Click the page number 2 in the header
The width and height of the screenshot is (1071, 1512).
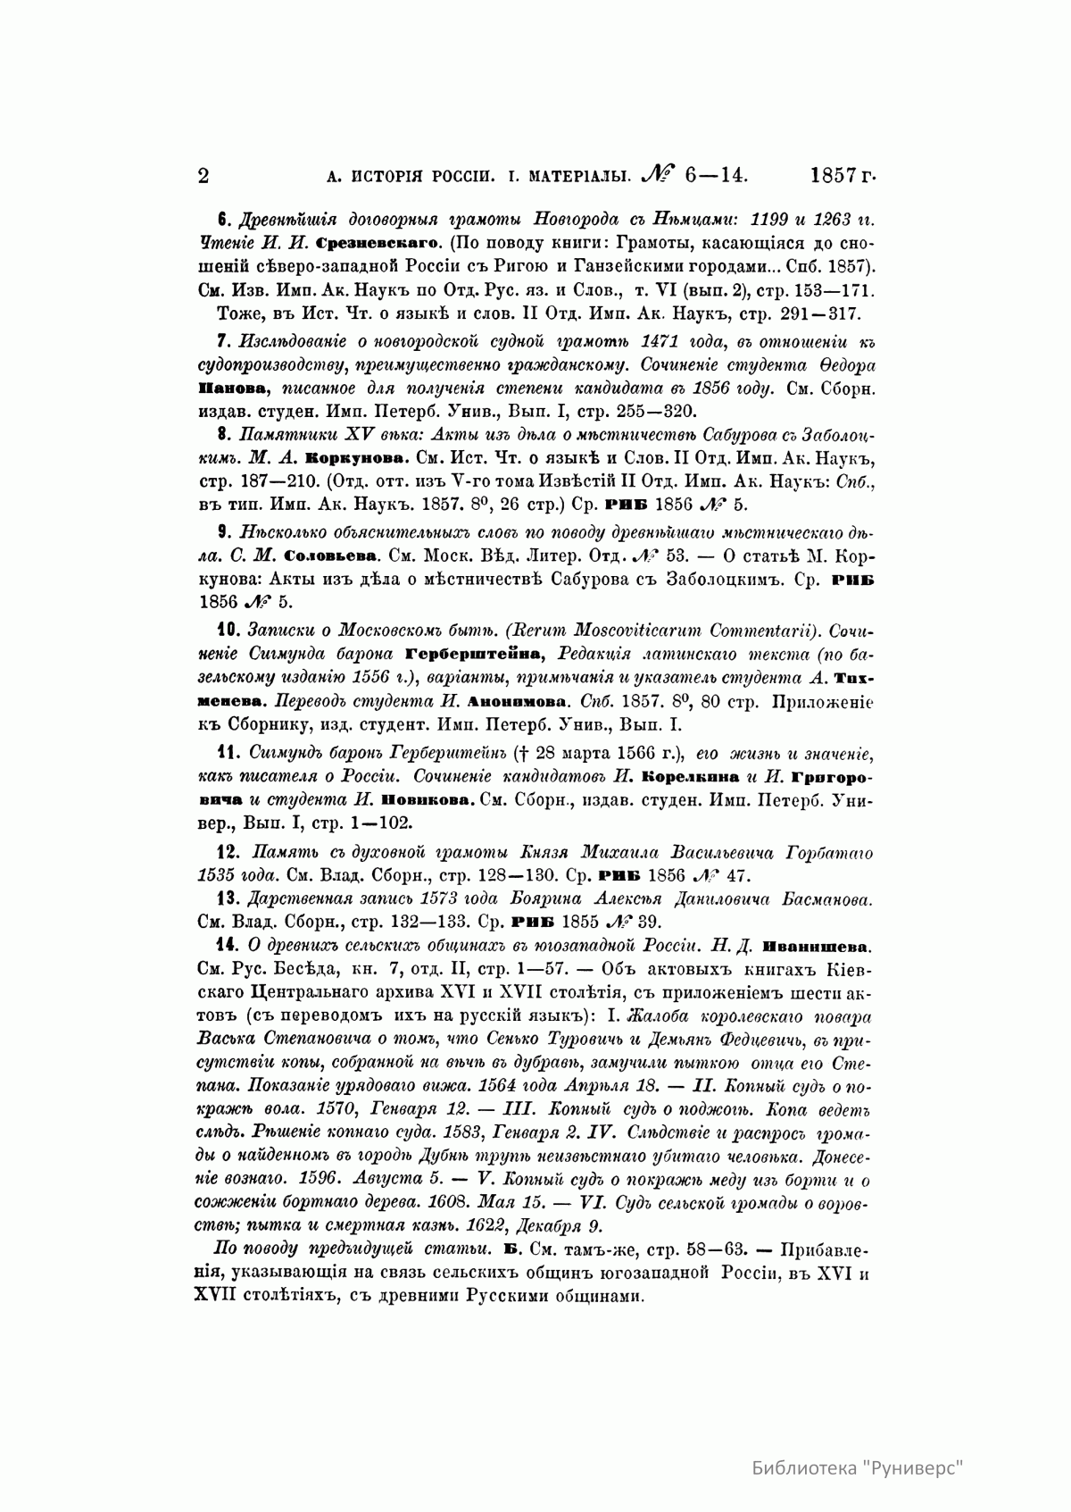203,175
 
